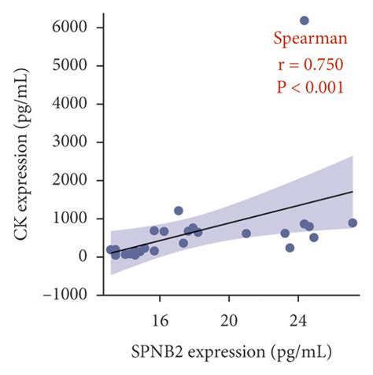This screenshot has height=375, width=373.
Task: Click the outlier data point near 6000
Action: tap(305, 20)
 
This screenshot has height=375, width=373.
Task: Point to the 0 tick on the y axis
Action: tap(87, 257)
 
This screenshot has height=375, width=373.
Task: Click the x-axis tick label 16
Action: tap(160, 320)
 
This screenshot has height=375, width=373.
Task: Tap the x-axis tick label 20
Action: tap(229, 320)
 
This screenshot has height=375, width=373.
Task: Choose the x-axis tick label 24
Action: tap(298, 320)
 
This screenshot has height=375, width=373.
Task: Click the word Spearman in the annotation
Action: tap(309, 39)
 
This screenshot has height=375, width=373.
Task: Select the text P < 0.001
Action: tap(309, 87)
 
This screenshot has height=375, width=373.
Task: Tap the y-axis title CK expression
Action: tap(24, 160)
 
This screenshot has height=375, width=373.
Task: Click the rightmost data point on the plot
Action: tap(353, 223)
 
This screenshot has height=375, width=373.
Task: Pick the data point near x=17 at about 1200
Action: tap(179, 211)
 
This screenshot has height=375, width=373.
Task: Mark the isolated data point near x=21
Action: tap(246, 233)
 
